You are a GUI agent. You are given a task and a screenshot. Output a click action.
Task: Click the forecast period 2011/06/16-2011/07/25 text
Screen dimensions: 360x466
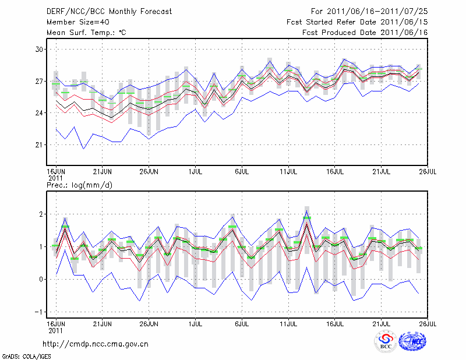(369, 11)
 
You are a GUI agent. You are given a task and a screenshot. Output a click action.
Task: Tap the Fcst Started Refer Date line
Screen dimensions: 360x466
(357, 22)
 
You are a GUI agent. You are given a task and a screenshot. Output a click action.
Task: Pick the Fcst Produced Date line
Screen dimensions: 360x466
(365, 32)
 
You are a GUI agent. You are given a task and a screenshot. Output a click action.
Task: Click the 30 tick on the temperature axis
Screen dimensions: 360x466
(39, 50)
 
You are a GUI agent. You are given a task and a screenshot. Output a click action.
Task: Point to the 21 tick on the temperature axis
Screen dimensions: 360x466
(39, 144)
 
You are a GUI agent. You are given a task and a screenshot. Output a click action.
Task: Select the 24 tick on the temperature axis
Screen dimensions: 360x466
(39, 113)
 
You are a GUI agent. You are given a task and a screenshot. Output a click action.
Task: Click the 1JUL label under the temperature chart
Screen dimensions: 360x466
(196, 172)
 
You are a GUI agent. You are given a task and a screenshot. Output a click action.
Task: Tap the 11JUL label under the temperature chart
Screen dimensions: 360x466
(289, 172)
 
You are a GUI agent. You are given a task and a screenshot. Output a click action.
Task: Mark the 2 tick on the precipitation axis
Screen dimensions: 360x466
(41, 214)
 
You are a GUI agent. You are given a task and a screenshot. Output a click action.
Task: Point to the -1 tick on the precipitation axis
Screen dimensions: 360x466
(39, 312)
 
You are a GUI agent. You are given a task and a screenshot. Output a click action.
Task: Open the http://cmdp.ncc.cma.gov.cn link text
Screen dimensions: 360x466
(96, 344)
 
